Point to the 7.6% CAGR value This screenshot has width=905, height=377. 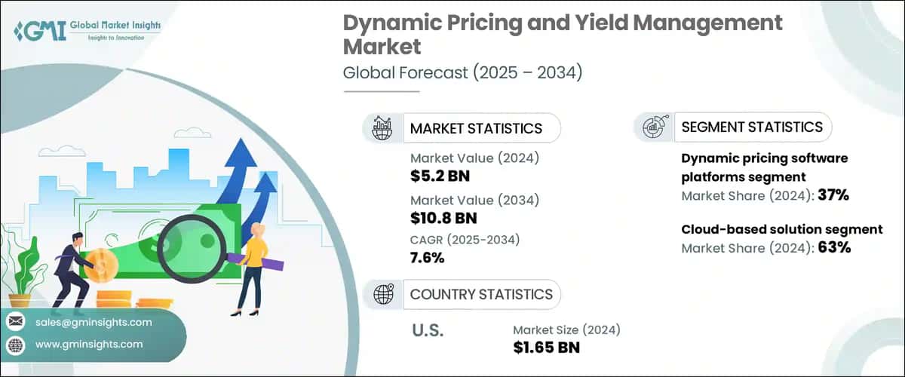428,259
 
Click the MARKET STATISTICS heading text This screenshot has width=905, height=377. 475,128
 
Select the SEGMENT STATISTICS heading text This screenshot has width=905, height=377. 751,127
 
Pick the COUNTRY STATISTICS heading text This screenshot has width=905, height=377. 480,294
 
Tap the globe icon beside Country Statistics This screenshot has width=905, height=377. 382,294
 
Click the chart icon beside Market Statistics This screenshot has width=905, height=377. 382,128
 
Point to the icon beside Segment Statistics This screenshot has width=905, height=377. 653,127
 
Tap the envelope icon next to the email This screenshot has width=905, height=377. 15,322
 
